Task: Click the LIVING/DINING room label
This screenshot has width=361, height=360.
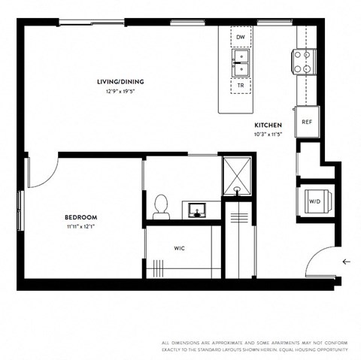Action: click(120, 82)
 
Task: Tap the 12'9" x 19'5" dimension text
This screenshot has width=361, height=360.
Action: click(120, 91)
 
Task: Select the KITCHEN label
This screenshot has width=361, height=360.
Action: click(268, 126)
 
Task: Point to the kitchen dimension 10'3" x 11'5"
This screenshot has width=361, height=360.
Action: click(268, 135)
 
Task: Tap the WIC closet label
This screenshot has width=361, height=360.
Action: click(179, 247)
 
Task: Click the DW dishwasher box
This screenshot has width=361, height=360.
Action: click(241, 37)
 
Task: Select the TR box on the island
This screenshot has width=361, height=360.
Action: click(241, 86)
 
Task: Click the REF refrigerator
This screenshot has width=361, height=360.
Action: click(307, 122)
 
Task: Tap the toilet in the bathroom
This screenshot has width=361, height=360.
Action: click(159, 205)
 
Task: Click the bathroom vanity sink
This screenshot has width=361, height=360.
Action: click(199, 208)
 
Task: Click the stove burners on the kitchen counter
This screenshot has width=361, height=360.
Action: click(304, 62)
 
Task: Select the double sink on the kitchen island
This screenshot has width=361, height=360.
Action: click(241, 62)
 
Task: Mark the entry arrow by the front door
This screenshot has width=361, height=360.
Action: click(345, 262)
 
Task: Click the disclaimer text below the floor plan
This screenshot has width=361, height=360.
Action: click(255, 345)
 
